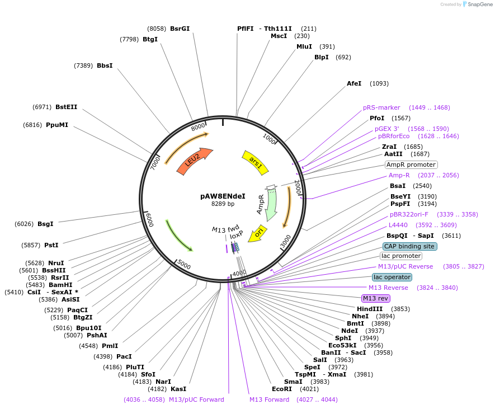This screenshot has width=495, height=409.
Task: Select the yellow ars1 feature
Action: pyautogui.click(x=255, y=162)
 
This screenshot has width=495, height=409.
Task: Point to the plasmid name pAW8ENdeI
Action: pyautogui.click(x=223, y=196)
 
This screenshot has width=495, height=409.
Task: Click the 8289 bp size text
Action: pyautogui.click(x=223, y=204)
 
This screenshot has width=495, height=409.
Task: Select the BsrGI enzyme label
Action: pyautogui.click(x=180, y=29)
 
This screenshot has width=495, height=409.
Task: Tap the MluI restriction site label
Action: pyautogui.click(x=304, y=46)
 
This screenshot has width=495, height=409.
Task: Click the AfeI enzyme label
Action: pyautogui.click(x=354, y=83)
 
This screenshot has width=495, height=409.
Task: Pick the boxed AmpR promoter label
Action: pyautogui.click(x=411, y=164)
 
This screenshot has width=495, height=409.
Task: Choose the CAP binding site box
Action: pyautogui.click(x=409, y=246)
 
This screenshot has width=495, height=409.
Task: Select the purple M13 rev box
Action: pyautogui.click(x=376, y=298)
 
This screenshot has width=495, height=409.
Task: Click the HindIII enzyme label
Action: pyautogui.click(x=370, y=309)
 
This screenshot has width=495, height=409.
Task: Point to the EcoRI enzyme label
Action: pyautogui.click(x=282, y=389)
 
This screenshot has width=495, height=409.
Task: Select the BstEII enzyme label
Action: pyautogui.click(x=67, y=107)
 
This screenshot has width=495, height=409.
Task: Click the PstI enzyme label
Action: pyautogui.click(x=51, y=245)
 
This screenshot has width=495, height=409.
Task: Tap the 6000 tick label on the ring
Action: pyautogui.click(x=149, y=220)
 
